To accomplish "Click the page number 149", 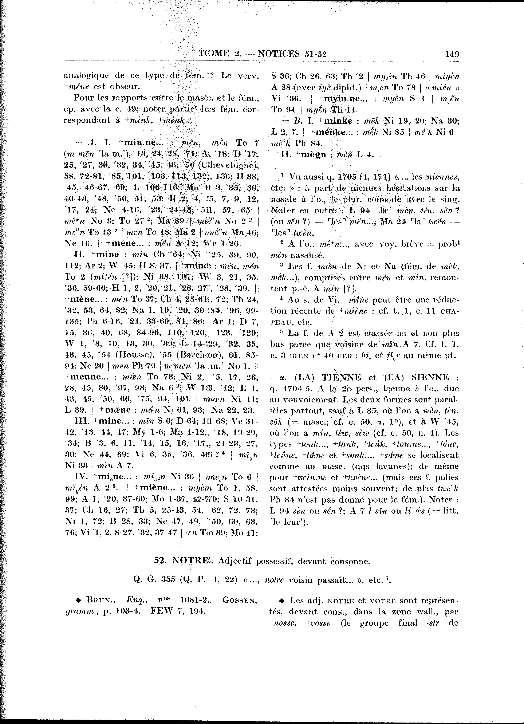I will [x=452, y=54].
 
